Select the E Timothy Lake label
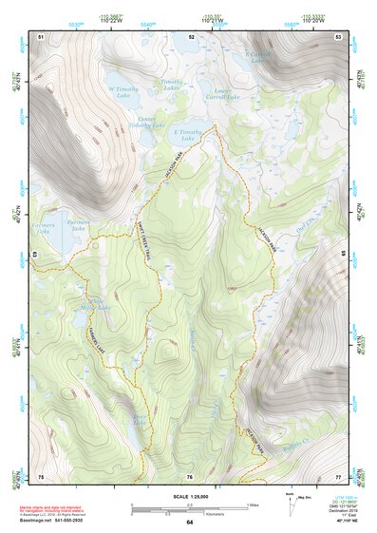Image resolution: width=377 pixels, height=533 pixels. tap(189, 135)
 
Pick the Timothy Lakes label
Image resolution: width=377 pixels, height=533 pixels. tap(172, 86)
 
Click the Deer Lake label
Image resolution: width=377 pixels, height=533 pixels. tap(141, 419)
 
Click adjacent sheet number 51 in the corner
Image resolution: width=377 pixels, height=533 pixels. tap(41, 36)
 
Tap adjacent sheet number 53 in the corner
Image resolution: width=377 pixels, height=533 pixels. tap(338, 36)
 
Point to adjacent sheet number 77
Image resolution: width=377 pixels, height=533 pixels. tap(338, 476)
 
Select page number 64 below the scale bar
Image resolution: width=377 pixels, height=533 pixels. tap(189, 523)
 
